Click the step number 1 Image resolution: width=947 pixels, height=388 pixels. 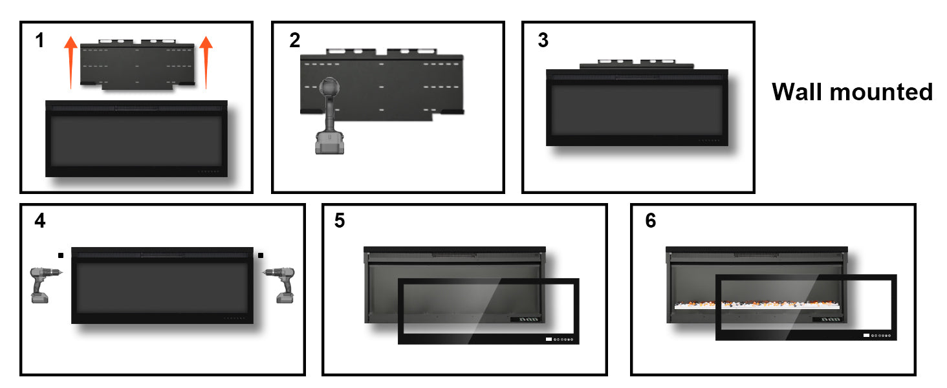[x=40, y=41]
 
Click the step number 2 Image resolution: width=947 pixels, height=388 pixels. [x=295, y=41]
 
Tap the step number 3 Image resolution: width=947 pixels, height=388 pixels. [x=543, y=41]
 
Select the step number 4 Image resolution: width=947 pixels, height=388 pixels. [x=40, y=221]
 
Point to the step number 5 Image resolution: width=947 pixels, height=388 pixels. [x=340, y=221]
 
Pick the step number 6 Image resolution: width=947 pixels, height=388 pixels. [x=650, y=221]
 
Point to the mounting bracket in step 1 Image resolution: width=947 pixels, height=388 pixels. [x=137, y=65]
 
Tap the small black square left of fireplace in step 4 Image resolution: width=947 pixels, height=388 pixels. [x=60, y=255]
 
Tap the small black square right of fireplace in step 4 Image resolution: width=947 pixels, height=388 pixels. [x=261, y=255]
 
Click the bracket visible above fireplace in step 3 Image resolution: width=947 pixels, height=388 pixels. [x=637, y=63]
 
